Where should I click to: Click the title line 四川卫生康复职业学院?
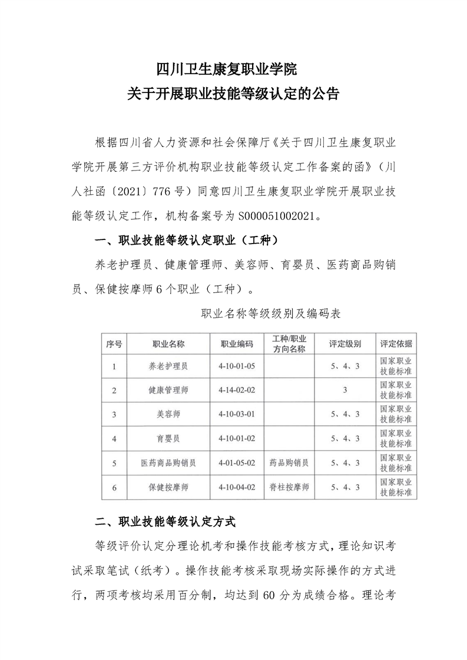tap(233, 70)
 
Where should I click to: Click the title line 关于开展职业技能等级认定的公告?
tap(233, 94)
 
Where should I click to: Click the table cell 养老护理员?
tap(168, 366)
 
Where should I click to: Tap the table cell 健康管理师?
tap(168, 390)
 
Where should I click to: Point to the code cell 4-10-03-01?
tap(237, 414)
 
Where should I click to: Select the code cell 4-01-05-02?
tap(237, 463)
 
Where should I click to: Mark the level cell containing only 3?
tap(345, 390)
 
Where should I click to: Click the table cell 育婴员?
tap(168, 438)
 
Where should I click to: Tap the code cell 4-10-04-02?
tap(237, 487)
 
